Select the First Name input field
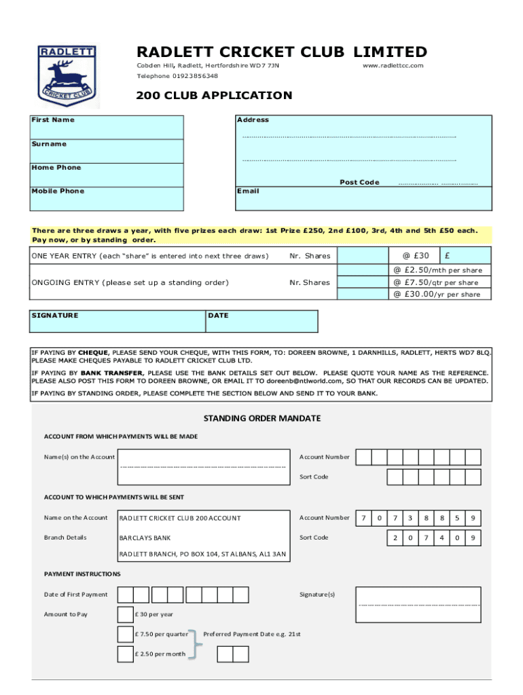pyautogui.click(x=107, y=127)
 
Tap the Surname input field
pyautogui.click(x=107, y=151)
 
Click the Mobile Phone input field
pyautogui.click(x=107, y=198)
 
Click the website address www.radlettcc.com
pyautogui.click(x=393, y=66)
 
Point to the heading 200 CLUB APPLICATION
pyautogui.click(x=214, y=96)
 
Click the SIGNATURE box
pyautogui.click(x=117, y=321)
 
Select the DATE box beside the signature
pyautogui.click(x=261, y=321)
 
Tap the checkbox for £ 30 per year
pyautogui.click(x=125, y=615)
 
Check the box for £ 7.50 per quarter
pyautogui.click(x=125, y=635)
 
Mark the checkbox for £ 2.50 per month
pyautogui.click(x=125, y=654)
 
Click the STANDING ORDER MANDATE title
pyautogui.click(x=261, y=418)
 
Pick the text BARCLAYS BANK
pyautogui.click(x=145, y=538)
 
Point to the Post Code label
pyautogui.click(x=359, y=183)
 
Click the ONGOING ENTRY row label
pyautogui.click(x=130, y=282)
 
